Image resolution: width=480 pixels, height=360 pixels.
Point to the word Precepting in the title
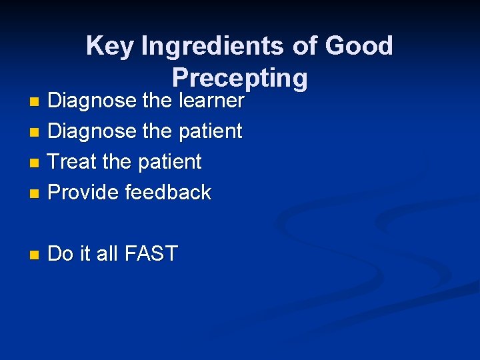[240, 78]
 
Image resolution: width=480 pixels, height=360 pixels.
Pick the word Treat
[73, 162]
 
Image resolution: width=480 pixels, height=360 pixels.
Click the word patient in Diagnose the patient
[209, 131]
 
